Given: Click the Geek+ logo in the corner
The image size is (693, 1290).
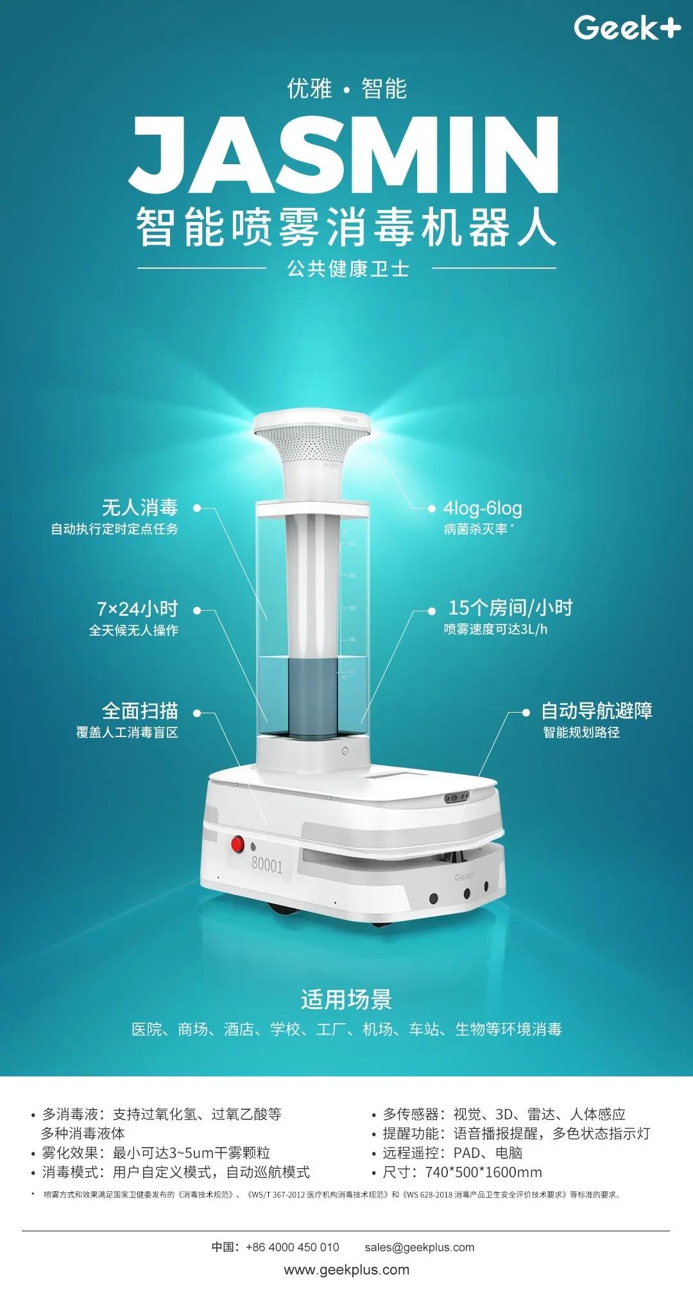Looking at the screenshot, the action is coord(627,28).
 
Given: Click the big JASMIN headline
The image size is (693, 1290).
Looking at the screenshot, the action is coord(345,155).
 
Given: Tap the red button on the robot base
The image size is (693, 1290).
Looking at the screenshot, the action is coord(238,844).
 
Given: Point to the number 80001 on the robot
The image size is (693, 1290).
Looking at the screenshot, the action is coord(267,865).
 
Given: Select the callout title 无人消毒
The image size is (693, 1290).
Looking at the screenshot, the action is coord(140,507).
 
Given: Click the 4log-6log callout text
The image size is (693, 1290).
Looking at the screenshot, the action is coord(483,508).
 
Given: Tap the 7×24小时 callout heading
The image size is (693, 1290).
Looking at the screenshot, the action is coord(137,608).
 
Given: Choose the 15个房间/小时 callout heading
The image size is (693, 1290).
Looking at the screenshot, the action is coord(510,607).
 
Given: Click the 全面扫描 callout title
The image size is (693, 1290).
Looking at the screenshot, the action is coord(140,711).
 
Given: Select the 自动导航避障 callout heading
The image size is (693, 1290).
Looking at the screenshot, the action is coord(597,711).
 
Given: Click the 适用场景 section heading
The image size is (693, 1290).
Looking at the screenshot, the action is coord(346,999).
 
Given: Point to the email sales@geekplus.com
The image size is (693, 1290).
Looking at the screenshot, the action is coord(420,1247).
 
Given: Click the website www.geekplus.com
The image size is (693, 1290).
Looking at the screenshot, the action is coord(346,1269).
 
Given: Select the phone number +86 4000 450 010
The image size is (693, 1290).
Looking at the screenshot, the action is coord(293,1247).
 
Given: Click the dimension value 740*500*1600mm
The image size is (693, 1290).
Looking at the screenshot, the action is coord(484,1173).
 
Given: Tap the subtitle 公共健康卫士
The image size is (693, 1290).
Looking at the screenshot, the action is coord(348,268).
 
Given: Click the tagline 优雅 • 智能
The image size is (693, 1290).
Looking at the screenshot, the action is coord(346,89).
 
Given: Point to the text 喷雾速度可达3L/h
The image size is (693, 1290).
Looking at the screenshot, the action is coord(495,629).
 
